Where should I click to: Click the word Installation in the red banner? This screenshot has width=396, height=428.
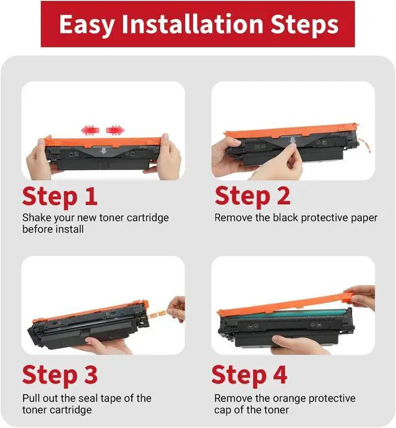pyautogui.click(x=192, y=24)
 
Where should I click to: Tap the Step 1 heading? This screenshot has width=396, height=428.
pyautogui.click(x=60, y=197)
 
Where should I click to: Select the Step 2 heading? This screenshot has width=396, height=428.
pyautogui.click(x=252, y=196)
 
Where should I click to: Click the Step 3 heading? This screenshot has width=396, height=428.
pyautogui.click(x=60, y=375)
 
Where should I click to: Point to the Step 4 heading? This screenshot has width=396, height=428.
pyautogui.click(x=249, y=375)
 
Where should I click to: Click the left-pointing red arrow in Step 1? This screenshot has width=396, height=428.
pyautogui.click(x=90, y=130)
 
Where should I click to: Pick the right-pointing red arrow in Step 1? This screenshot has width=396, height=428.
pyautogui.click(x=115, y=130)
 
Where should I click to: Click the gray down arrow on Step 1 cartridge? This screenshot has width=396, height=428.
pyautogui.click(x=103, y=151)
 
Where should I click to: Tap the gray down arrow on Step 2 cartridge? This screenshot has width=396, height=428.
pyautogui.click(x=293, y=140)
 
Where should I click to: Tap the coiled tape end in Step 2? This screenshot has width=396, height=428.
pyautogui.click(x=364, y=145)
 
